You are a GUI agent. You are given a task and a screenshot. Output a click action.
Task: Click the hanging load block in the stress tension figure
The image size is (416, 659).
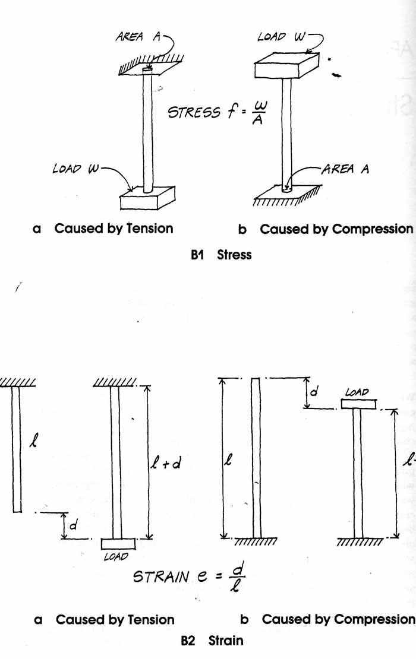point(147,198)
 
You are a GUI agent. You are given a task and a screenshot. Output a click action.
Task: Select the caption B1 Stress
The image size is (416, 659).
point(221,255)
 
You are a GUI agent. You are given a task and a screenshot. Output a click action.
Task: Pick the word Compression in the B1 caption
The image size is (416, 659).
point(372,229)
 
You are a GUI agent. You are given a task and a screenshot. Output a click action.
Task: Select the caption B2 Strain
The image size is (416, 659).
point(212,640)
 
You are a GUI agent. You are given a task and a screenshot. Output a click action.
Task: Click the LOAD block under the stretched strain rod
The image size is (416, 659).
point(118,543)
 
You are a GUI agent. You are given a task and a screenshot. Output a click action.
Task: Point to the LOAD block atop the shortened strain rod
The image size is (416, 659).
point(358,404)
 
